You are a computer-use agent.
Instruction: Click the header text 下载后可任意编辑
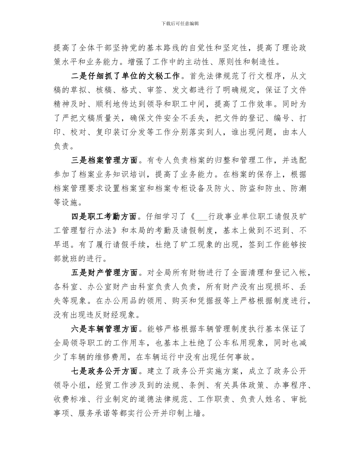[x=180, y=23]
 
